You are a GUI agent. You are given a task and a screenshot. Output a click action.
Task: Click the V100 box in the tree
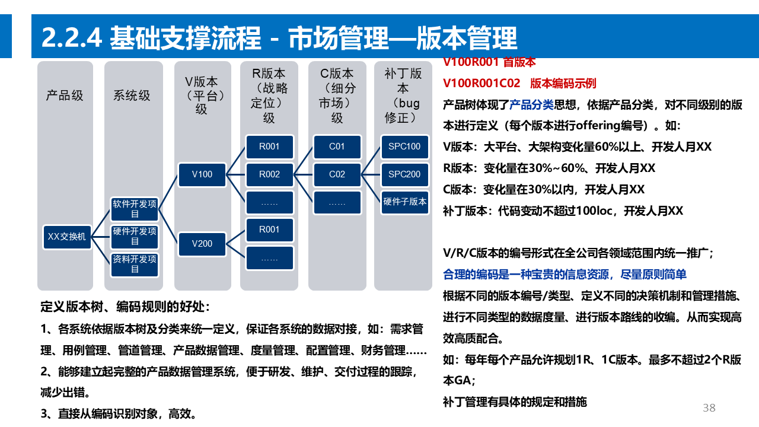pyautogui.click(x=202, y=174)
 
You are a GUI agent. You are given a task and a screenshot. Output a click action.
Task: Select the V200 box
pyautogui.click(x=202, y=244)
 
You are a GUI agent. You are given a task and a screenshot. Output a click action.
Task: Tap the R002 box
pyautogui.click(x=269, y=174)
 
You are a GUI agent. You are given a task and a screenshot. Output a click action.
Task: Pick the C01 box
pyautogui.click(x=337, y=146)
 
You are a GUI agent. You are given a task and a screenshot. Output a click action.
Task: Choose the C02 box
pyautogui.click(x=337, y=174)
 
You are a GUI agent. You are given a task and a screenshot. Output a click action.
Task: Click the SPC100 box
pyautogui.click(x=404, y=146)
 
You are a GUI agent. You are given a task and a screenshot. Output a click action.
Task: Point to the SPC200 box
pyautogui.click(x=404, y=174)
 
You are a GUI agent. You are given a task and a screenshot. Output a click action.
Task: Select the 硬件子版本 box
pyautogui.click(x=404, y=202)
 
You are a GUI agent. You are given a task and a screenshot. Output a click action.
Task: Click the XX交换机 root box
pyautogui.click(x=67, y=237)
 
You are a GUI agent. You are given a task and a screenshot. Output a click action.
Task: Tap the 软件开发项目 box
pyautogui.click(x=135, y=209)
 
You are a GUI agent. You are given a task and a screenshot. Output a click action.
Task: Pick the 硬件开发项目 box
pyautogui.click(x=135, y=236)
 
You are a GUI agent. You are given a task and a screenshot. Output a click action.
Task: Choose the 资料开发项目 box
pyautogui.click(x=135, y=264)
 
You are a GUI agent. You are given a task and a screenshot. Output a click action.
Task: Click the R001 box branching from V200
pyautogui.click(x=269, y=230)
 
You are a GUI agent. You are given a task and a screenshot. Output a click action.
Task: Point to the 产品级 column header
pyautogui.click(x=65, y=95)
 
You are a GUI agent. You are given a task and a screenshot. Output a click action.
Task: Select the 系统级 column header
pyautogui.click(x=132, y=95)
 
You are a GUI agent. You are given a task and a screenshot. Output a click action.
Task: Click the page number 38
pyautogui.click(x=709, y=407)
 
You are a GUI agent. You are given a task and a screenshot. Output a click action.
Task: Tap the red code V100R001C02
pyautogui.click(x=481, y=83)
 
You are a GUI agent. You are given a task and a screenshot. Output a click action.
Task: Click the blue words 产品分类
pyautogui.click(x=531, y=105)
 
